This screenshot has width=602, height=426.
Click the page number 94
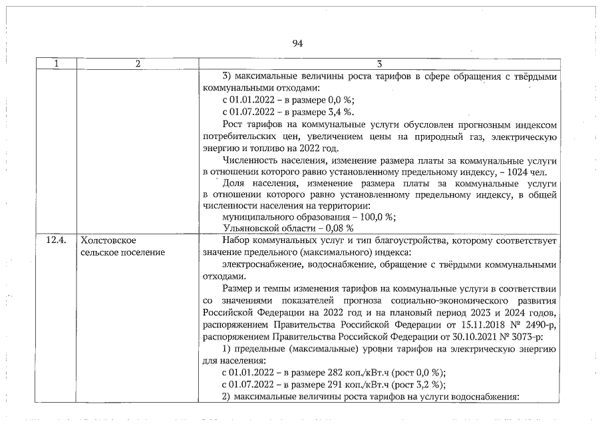(297, 43)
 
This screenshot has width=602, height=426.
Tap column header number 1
(57, 64)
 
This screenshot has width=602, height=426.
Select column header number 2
(137, 64)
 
